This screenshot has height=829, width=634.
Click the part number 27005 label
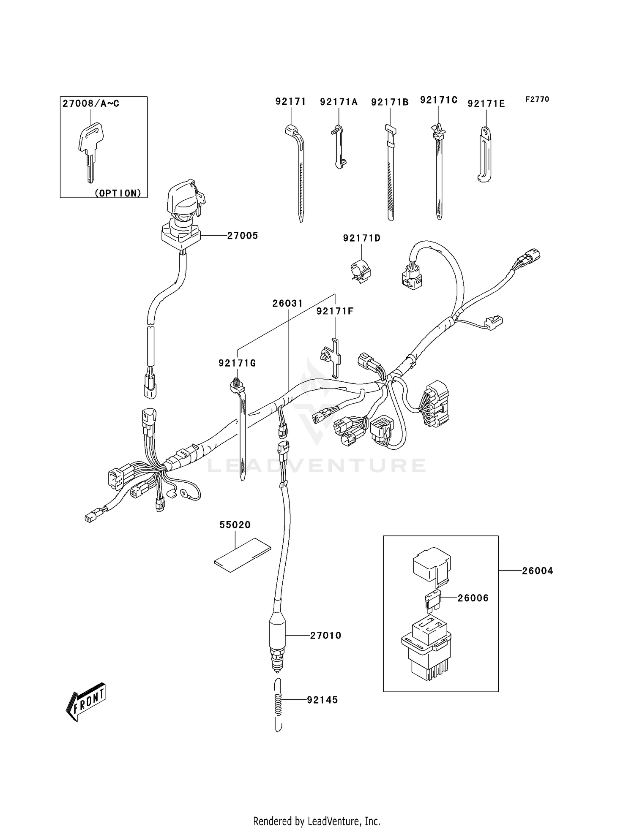click(x=242, y=236)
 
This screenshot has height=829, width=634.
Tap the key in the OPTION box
click(x=90, y=148)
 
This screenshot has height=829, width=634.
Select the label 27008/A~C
click(x=91, y=103)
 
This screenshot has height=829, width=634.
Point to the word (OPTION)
click(x=118, y=193)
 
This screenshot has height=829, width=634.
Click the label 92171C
click(x=439, y=100)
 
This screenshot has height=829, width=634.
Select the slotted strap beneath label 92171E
click(x=485, y=155)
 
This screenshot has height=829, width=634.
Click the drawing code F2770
click(x=537, y=99)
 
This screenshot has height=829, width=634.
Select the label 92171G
click(x=237, y=363)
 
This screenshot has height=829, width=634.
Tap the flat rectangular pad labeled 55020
click(x=243, y=555)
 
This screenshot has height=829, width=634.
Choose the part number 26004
click(x=537, y=571)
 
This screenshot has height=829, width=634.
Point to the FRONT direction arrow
click(x=86, y=701)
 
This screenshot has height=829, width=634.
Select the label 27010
click(x=325, y=636)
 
